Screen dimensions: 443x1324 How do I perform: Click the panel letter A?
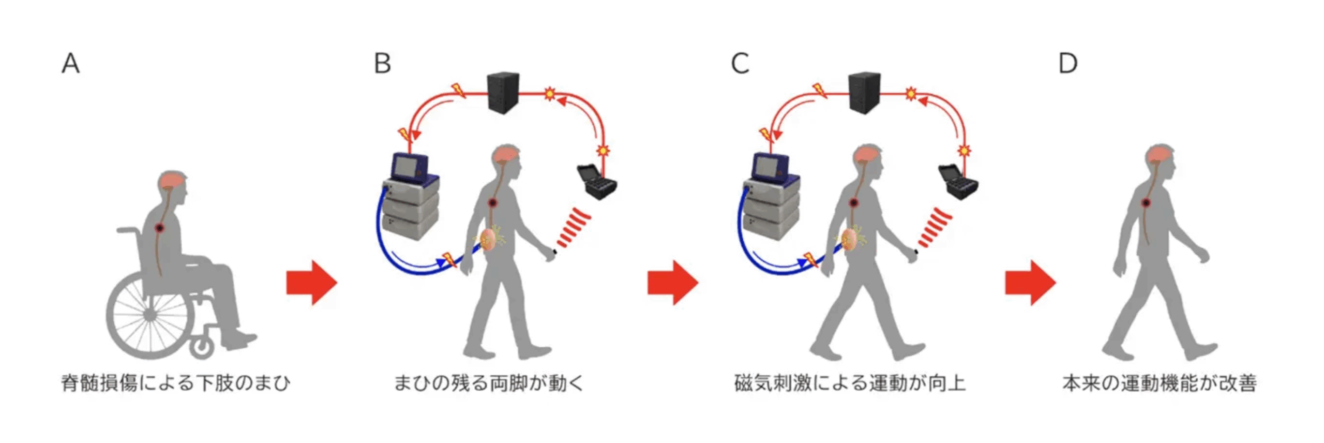point(71,64)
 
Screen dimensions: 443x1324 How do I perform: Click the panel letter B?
point(382,64)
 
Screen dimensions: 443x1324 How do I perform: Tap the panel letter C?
point(740,64)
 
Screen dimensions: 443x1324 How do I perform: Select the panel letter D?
point(1068,64)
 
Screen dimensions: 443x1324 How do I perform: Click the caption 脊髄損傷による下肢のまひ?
point(175,383)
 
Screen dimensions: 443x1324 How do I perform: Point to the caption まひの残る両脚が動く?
point(489,383)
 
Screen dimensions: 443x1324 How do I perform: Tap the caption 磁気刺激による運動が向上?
point(850,383)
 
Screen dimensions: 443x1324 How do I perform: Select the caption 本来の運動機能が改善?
point(1160,383)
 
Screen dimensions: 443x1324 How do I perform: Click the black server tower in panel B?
point(503,93)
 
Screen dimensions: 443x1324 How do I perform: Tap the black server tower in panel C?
point(864,93)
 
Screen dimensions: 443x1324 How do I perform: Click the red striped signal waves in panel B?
point(573,227)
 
